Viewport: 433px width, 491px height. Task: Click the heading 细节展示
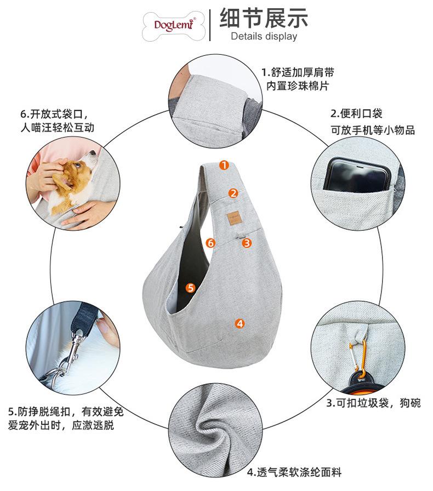(264, 18)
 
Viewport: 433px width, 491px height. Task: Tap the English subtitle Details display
(264, 37)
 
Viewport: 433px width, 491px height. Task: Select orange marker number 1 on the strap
(224, 165)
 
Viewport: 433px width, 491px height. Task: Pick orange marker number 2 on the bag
(233, 193)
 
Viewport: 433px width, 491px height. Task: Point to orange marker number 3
(247, 242)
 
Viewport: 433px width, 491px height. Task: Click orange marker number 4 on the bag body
(240, 323)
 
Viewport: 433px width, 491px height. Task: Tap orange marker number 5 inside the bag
(190, 287)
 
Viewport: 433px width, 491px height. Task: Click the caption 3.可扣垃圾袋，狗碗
(373, 403)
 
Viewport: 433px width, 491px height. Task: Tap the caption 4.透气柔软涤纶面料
(294, 472)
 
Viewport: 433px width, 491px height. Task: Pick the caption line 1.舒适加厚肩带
(298, 72)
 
